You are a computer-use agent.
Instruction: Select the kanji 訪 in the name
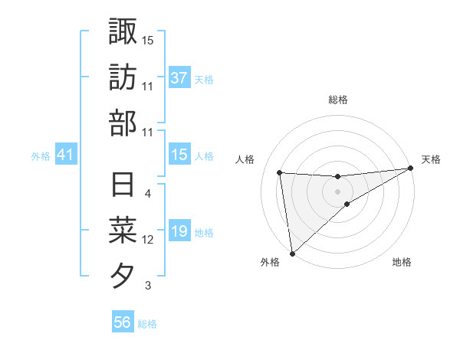click(x=123, y=77)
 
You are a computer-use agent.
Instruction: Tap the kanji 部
click(x=123, y=123)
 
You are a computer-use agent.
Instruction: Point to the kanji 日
click(x=123, y=186)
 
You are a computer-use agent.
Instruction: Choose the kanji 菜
click(x=123, y=231)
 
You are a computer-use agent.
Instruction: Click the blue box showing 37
click(x=179, y=77)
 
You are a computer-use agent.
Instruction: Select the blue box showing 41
click(x=66, y=155)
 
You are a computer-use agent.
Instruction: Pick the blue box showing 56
click(x=123, y=322)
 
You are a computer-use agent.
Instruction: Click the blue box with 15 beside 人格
click(x=179, y=155)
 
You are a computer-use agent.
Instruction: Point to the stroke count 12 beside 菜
click(x=148, y=240)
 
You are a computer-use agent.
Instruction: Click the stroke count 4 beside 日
click(x=147, y=195)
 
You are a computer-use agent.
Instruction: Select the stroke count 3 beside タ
click(x=147, y=286)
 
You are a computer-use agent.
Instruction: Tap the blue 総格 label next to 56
click(x=147, y=324)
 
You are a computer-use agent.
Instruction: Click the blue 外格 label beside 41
click(x=41, y=156)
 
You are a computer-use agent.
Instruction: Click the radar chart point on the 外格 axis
click(x=292, y=253)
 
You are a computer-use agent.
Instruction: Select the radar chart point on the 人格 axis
click(x=280, y=172)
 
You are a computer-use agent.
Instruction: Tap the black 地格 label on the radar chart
click(x=402, y=263)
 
